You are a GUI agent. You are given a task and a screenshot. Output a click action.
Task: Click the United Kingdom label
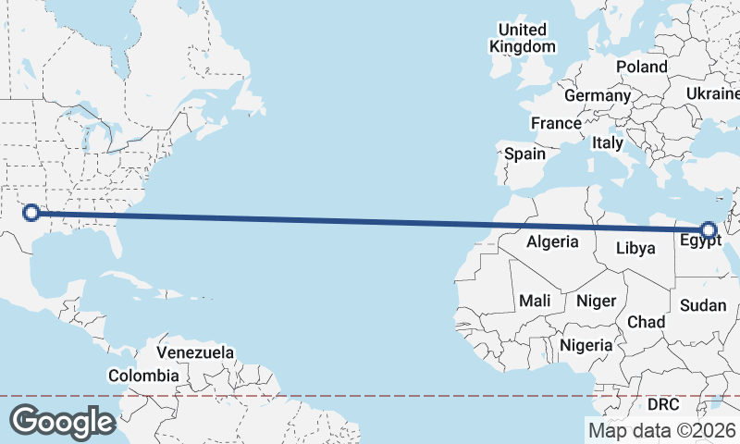coord(523,38)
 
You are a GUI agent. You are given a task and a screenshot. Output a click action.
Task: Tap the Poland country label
coord(641,68)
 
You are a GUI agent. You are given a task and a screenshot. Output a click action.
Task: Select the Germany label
coord(597,96)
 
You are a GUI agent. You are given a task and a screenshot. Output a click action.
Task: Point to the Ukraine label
coord(713,94)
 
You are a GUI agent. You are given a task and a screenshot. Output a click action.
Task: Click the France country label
coord(556,123)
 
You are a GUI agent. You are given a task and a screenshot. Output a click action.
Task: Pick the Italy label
coord(608,143)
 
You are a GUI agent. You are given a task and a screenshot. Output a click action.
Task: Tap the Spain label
coord(524,154)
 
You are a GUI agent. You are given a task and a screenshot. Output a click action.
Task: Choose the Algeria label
coord(552,242)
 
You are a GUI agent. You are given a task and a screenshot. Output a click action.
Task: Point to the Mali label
coord(535,301)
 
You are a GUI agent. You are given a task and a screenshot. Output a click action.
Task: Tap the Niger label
coord(596,301)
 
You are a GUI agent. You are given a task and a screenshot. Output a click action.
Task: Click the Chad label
coord(646,322)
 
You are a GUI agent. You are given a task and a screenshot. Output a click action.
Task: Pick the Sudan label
coord(703,305)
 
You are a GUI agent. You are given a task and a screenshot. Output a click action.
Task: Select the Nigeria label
coord(586,345)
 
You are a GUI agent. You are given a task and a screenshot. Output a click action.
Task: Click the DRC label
coord(662,405)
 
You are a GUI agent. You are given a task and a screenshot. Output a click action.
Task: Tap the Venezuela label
coord(195,352)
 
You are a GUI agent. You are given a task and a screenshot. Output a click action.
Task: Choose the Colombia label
coord(143,376)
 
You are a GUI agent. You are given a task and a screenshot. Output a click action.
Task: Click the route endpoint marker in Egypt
coord(709,230)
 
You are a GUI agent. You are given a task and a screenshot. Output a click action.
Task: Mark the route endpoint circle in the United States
coord(31,213)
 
